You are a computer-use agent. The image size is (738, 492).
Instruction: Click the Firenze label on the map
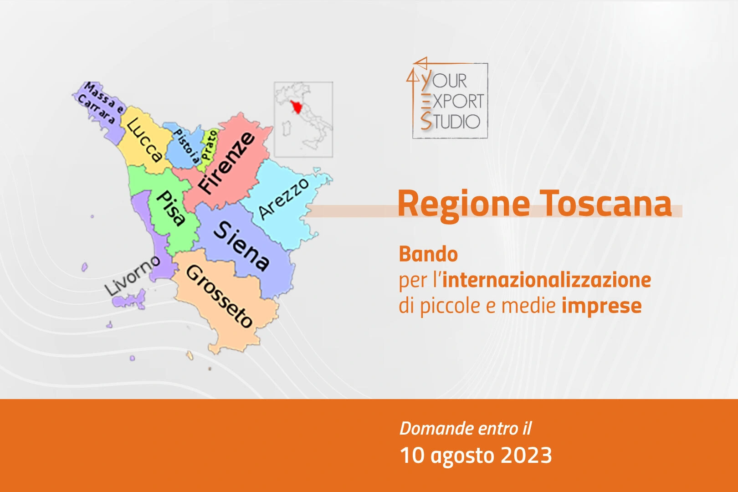click(x=227, y=163)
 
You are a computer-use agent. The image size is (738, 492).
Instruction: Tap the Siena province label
click(x=241, y=246)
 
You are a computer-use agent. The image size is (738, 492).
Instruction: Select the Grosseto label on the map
click(x=220, y=296)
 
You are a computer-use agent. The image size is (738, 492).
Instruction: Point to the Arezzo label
click(x=283, y=199)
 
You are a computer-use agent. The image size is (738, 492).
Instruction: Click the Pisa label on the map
click(x=171, y=208)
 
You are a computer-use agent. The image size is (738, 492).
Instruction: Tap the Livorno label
click(x=132, y=276)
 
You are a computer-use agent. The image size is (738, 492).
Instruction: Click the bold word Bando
click(x=428, y=254)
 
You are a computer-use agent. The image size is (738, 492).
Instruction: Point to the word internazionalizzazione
click(x=547, y=280)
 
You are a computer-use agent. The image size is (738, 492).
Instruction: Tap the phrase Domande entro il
click(x=466, y=428)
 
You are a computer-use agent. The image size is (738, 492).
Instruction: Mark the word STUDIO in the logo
click(x=450, y=121)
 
